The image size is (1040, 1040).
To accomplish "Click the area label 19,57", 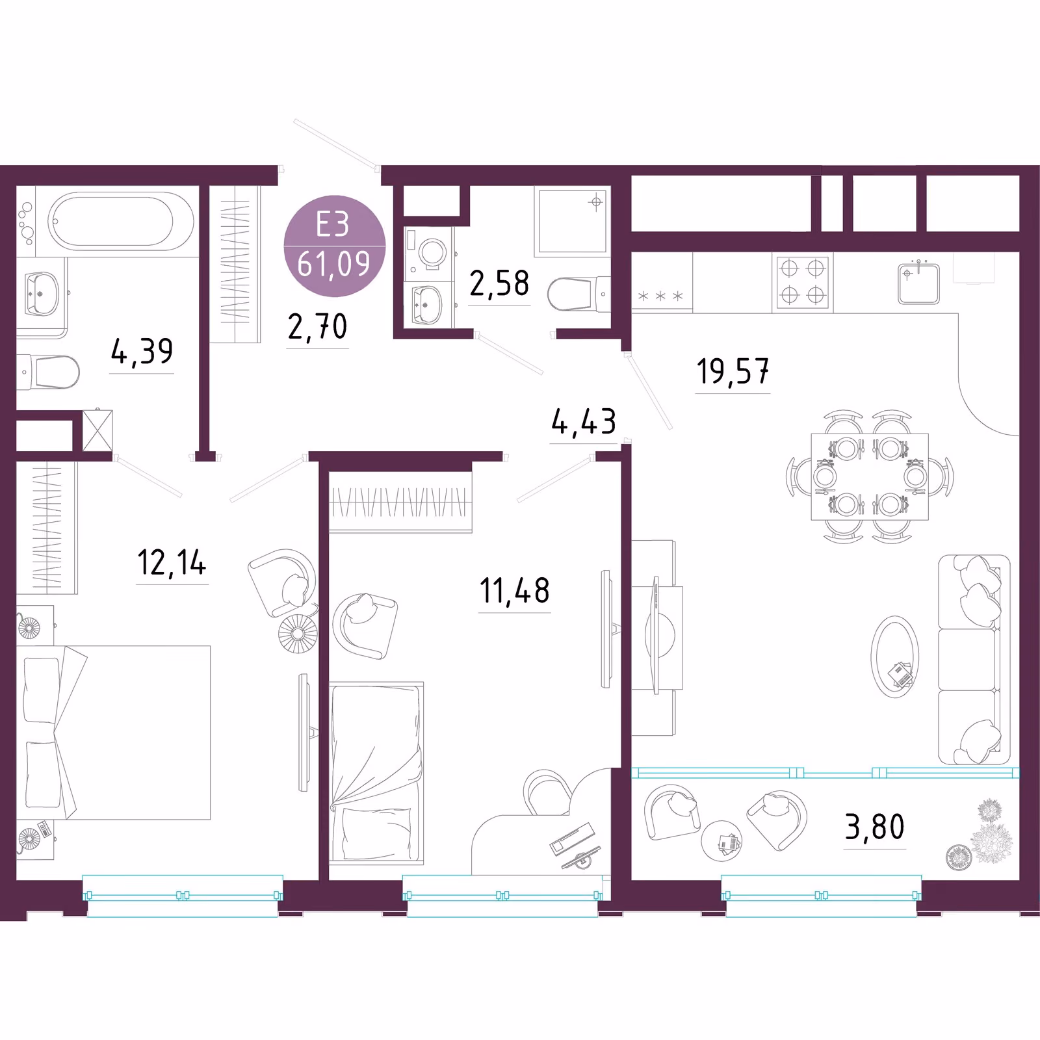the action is pos(733,371).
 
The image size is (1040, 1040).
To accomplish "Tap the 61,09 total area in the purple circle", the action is pos(334,264).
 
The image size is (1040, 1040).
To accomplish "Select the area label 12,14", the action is pos(172,562).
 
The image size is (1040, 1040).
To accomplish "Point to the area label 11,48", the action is pos(514,591).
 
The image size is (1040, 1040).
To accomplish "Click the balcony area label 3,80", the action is pos(874,827).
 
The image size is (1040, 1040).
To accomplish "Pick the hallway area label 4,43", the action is pos(584,421).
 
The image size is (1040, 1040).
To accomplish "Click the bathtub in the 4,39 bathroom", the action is pos(121,221).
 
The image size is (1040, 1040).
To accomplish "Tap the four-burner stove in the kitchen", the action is pos(803,281).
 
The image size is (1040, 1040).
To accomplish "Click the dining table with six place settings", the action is pos(870,476).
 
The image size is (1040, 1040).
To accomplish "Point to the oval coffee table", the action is pos(895,656).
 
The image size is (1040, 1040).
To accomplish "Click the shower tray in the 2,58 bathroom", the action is pos(572,222).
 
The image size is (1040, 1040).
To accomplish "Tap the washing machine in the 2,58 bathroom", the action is pos(429,253).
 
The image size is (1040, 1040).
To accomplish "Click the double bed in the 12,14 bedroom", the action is pos(114,733).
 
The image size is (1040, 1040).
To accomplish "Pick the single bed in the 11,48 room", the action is pos(376,773).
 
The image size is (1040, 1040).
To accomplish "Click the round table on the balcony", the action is pos(721,840).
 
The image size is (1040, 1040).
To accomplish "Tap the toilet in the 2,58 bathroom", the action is pos(579,294).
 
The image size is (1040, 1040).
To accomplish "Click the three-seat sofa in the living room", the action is pos(974,659).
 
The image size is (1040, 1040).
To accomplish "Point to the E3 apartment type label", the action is pos(333,224).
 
